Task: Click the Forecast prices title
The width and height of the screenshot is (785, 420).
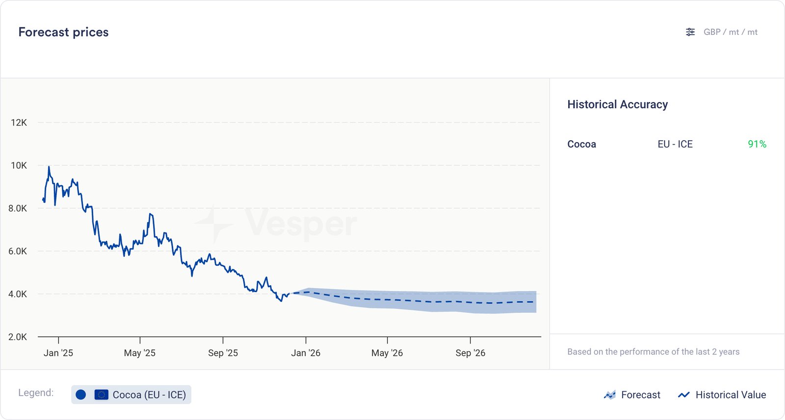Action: [63, 32]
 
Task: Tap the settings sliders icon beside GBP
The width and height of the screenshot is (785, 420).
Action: [690, 32]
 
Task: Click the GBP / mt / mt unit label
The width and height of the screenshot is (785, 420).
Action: [730, 32]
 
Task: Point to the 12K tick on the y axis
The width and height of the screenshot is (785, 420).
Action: [19, 123]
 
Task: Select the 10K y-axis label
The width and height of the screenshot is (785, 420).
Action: [19, 166]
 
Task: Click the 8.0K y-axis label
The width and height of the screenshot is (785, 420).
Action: [18, 208]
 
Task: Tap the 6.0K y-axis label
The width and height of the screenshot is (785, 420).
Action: [18, 251]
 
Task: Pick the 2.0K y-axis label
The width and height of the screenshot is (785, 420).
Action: [18, 337]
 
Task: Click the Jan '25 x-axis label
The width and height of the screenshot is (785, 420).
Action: [58, 353]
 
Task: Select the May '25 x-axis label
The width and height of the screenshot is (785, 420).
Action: [140, 353]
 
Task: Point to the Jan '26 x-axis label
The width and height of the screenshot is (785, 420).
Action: [306, 353]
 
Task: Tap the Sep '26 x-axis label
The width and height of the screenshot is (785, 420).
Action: [470, 353]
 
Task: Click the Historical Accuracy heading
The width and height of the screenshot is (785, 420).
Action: [617, 104]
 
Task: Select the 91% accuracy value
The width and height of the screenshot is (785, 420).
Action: [757, 144]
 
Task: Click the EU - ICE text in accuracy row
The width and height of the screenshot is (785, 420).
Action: [675, 144]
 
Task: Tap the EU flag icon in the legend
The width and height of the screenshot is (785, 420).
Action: [101, 395]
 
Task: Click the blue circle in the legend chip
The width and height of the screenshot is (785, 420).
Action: [81, 395]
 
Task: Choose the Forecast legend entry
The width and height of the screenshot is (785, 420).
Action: [632, 395]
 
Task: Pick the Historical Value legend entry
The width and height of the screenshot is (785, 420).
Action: [722, 395]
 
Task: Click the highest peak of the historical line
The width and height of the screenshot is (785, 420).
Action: [49, 167]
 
